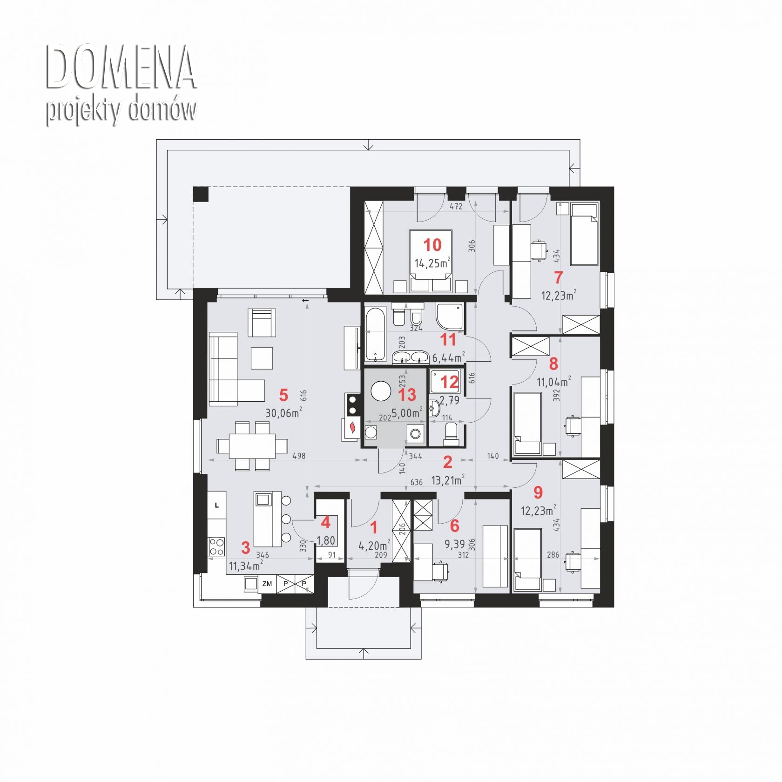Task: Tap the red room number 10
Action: click(x=432, y=244)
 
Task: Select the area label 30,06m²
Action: click(x=283, y=412)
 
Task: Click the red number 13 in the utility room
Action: click(x=407, y=395)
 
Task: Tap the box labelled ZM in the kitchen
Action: click(x=267, y=584)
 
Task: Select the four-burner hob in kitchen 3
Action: click(x=216, y=546)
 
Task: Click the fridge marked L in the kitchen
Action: click(x=216, y=506)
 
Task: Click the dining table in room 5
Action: click(x=252, y=446)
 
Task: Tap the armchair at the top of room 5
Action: click(x=262, y=323)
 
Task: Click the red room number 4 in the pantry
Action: click(x=326, y=522)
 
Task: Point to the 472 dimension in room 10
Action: click(x=456, y=206)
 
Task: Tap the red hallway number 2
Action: click(x=447, y=462)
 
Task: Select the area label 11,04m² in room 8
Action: click(x=554, y=382)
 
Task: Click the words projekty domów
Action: click(x=121, y=111)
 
